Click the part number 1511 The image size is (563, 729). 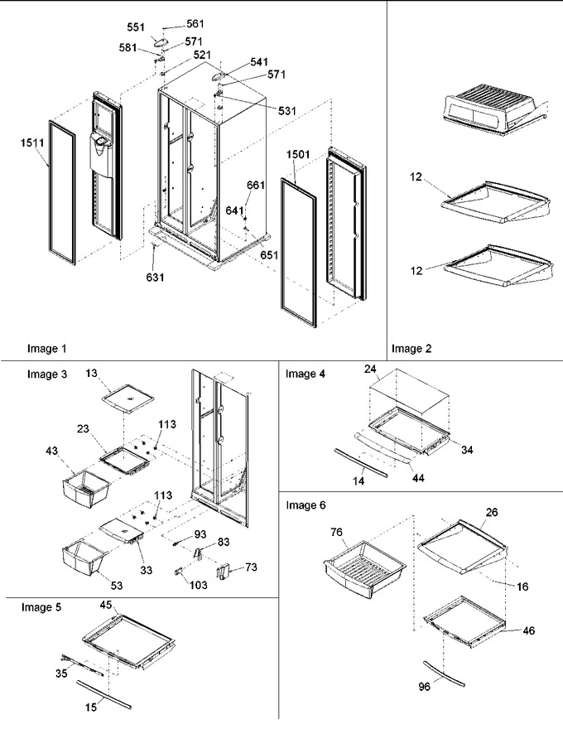32,143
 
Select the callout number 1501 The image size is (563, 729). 298,154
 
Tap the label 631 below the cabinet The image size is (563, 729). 155,278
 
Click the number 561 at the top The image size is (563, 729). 195,24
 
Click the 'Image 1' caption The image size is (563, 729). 46,348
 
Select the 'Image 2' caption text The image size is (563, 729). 411,348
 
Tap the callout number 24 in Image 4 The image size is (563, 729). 370,369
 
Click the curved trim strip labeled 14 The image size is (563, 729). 360,462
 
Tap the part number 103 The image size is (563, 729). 199,585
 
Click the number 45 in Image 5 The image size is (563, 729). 106,605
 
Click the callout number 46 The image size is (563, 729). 528,631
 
